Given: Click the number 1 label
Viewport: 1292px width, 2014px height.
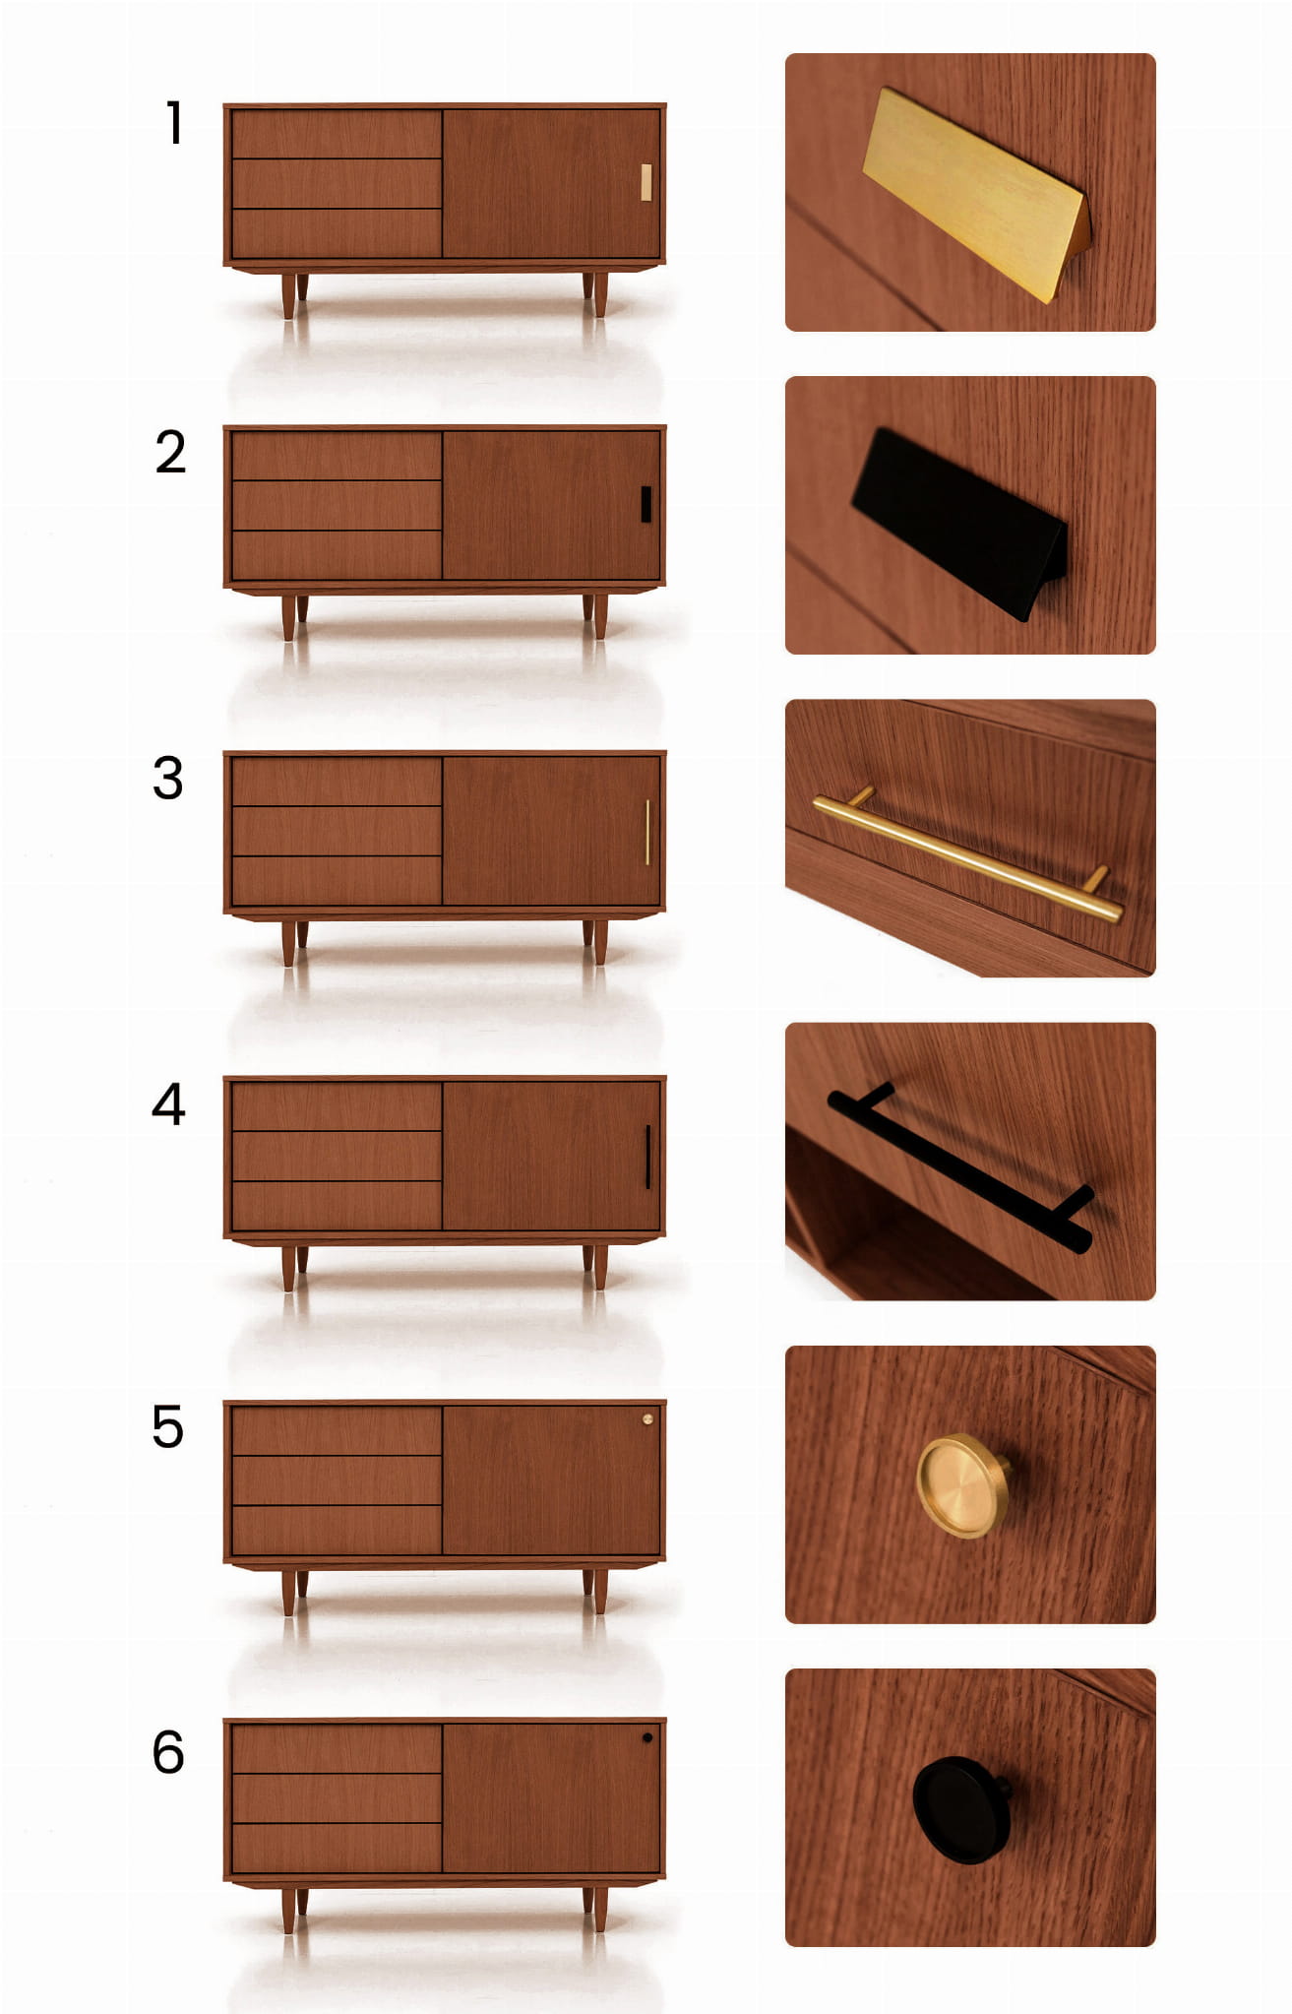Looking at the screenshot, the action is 174,123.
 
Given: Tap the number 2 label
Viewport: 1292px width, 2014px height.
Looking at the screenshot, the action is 170,452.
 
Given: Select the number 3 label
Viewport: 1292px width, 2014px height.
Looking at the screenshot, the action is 168,778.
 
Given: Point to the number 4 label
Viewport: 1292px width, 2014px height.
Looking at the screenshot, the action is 168,1103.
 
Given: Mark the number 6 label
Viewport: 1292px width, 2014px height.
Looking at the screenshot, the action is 168,1752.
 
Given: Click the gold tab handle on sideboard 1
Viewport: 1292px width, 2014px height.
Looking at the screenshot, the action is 646,183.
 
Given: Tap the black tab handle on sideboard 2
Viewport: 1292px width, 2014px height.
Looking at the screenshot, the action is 646,504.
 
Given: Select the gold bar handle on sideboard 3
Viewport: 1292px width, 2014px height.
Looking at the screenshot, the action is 647,833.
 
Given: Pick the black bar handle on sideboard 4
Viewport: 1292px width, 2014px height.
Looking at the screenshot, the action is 647,1157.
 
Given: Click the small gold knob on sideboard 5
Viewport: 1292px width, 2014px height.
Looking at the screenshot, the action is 647,1419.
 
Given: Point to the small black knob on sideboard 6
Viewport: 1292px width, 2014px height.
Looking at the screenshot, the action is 647,1738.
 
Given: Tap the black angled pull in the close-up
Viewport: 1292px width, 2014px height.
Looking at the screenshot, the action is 959,522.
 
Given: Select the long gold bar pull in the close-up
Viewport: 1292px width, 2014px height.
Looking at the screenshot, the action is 967,858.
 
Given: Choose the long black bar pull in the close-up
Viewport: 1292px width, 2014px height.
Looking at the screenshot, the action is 960,1167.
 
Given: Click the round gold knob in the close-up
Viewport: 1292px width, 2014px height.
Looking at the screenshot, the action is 963,1486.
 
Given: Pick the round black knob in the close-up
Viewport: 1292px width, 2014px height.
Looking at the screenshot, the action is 961,1809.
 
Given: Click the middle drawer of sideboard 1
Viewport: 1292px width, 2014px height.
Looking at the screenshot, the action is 337,183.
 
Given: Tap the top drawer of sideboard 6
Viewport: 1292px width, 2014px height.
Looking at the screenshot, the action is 337,1749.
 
